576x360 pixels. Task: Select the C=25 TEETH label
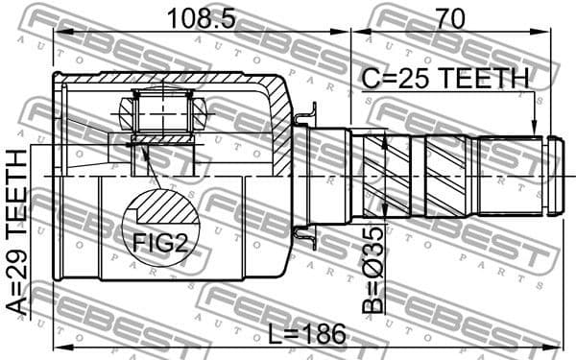444,77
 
